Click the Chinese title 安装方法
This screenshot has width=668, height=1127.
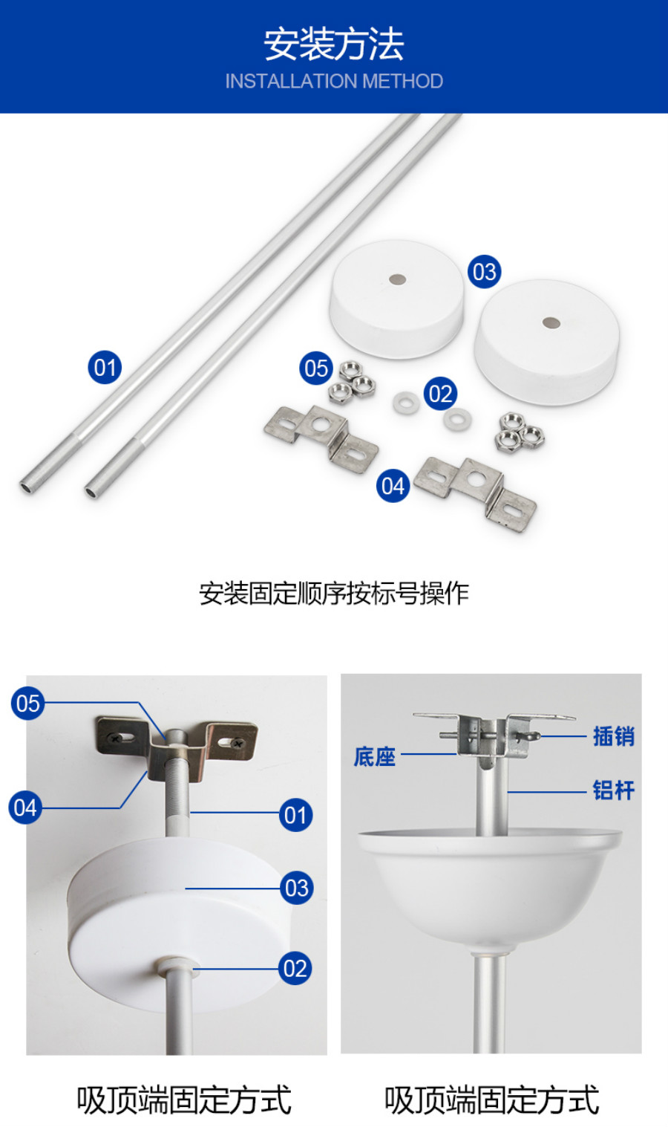tap(334, 45)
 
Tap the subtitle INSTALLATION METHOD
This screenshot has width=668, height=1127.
tap(334, 81)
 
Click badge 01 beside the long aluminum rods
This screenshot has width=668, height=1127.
tap(105, 367)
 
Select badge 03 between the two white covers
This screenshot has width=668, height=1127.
tap(484, 272)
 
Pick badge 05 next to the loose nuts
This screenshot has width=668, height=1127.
tap(316, 368)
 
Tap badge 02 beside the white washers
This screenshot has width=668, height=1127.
tap(440, 394)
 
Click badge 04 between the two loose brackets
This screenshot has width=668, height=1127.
tap(393, 486)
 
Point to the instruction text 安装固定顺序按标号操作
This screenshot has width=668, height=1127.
tap(334, 594)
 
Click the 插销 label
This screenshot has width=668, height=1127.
tap(614, 736)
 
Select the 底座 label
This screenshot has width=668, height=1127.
tap(375, 757)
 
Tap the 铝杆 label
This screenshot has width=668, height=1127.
tap(614, 790)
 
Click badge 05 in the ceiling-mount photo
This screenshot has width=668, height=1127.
tap(27, 704)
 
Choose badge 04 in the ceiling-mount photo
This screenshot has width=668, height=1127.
tap(25, 808)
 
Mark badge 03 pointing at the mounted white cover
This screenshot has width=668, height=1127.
tap(297, 888)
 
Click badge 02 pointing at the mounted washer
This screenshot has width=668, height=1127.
tap(295, 969)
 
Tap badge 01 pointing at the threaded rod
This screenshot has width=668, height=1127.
tap(295, 815)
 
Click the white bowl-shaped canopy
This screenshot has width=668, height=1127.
tap(490, 886)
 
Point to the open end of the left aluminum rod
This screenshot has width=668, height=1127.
tap(27, 487)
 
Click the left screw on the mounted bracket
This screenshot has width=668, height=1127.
tap(115, 739)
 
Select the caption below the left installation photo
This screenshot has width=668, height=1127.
tap(184, 1100)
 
